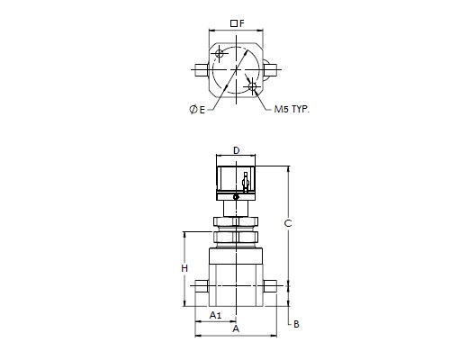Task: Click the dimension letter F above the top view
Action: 242,23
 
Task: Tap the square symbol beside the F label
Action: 234,23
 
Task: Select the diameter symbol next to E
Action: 193,110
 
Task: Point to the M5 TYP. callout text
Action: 292,109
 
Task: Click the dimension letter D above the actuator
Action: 237,150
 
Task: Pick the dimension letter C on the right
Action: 288,223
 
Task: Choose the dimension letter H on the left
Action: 184,268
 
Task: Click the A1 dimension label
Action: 215,315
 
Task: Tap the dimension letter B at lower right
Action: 296,324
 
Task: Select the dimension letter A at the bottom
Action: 236,328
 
